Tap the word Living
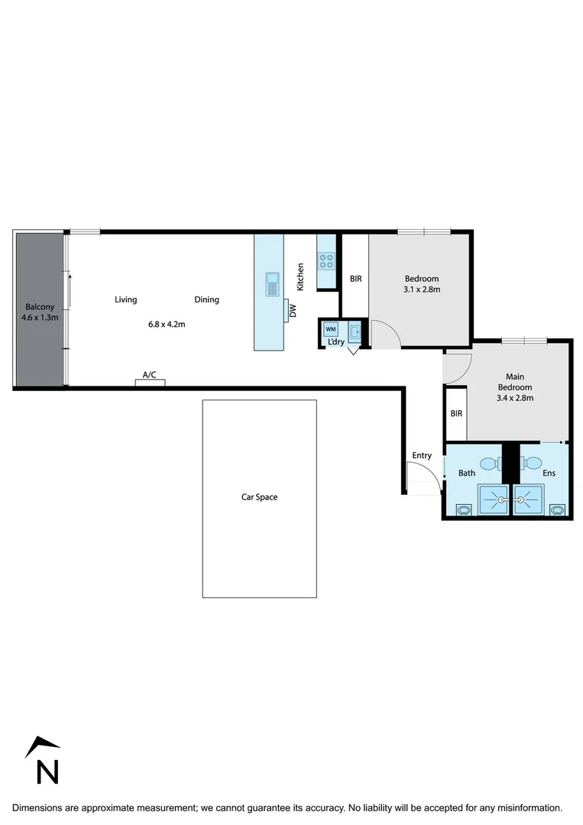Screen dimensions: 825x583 pos(126,299)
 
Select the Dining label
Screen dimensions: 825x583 pos(206,299)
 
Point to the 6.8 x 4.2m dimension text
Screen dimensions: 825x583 pos(167,324)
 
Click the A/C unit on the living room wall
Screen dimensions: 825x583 pos(150,381)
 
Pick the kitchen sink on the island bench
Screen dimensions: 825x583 pos(273,283)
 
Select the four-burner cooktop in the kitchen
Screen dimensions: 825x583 pos(326,261)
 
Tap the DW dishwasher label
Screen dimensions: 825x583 pos(293,312)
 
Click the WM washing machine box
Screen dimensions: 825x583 pos(331,329)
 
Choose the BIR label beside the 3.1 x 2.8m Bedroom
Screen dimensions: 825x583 pos(355,279)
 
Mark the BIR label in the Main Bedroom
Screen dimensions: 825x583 pos(456,413)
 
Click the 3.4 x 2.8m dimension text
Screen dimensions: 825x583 pos(513,397)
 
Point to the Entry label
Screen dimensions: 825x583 pos(422,455)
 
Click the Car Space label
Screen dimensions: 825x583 pos(259,497)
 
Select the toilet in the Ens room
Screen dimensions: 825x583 pos(532,462)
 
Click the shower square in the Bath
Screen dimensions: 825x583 pos(493,501)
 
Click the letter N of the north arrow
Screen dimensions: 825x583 pos(47,772)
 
